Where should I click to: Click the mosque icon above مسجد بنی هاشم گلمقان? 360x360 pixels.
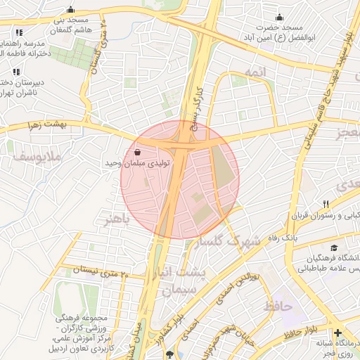(70, 10)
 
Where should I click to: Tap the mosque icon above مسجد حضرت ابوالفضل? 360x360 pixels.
(279, 17)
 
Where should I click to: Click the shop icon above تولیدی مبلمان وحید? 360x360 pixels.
(136, 153)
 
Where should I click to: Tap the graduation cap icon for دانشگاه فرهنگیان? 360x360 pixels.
(334, 248)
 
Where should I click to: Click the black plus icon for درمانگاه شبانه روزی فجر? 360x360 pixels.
(338, 333)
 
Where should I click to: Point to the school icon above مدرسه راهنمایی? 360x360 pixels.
(18, 32)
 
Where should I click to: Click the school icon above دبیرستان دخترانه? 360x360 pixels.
(15, 72)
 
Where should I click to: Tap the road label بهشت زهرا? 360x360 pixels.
(63, 124)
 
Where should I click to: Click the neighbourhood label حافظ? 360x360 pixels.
(278, 307)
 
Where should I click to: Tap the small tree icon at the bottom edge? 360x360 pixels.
(168, 354)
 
